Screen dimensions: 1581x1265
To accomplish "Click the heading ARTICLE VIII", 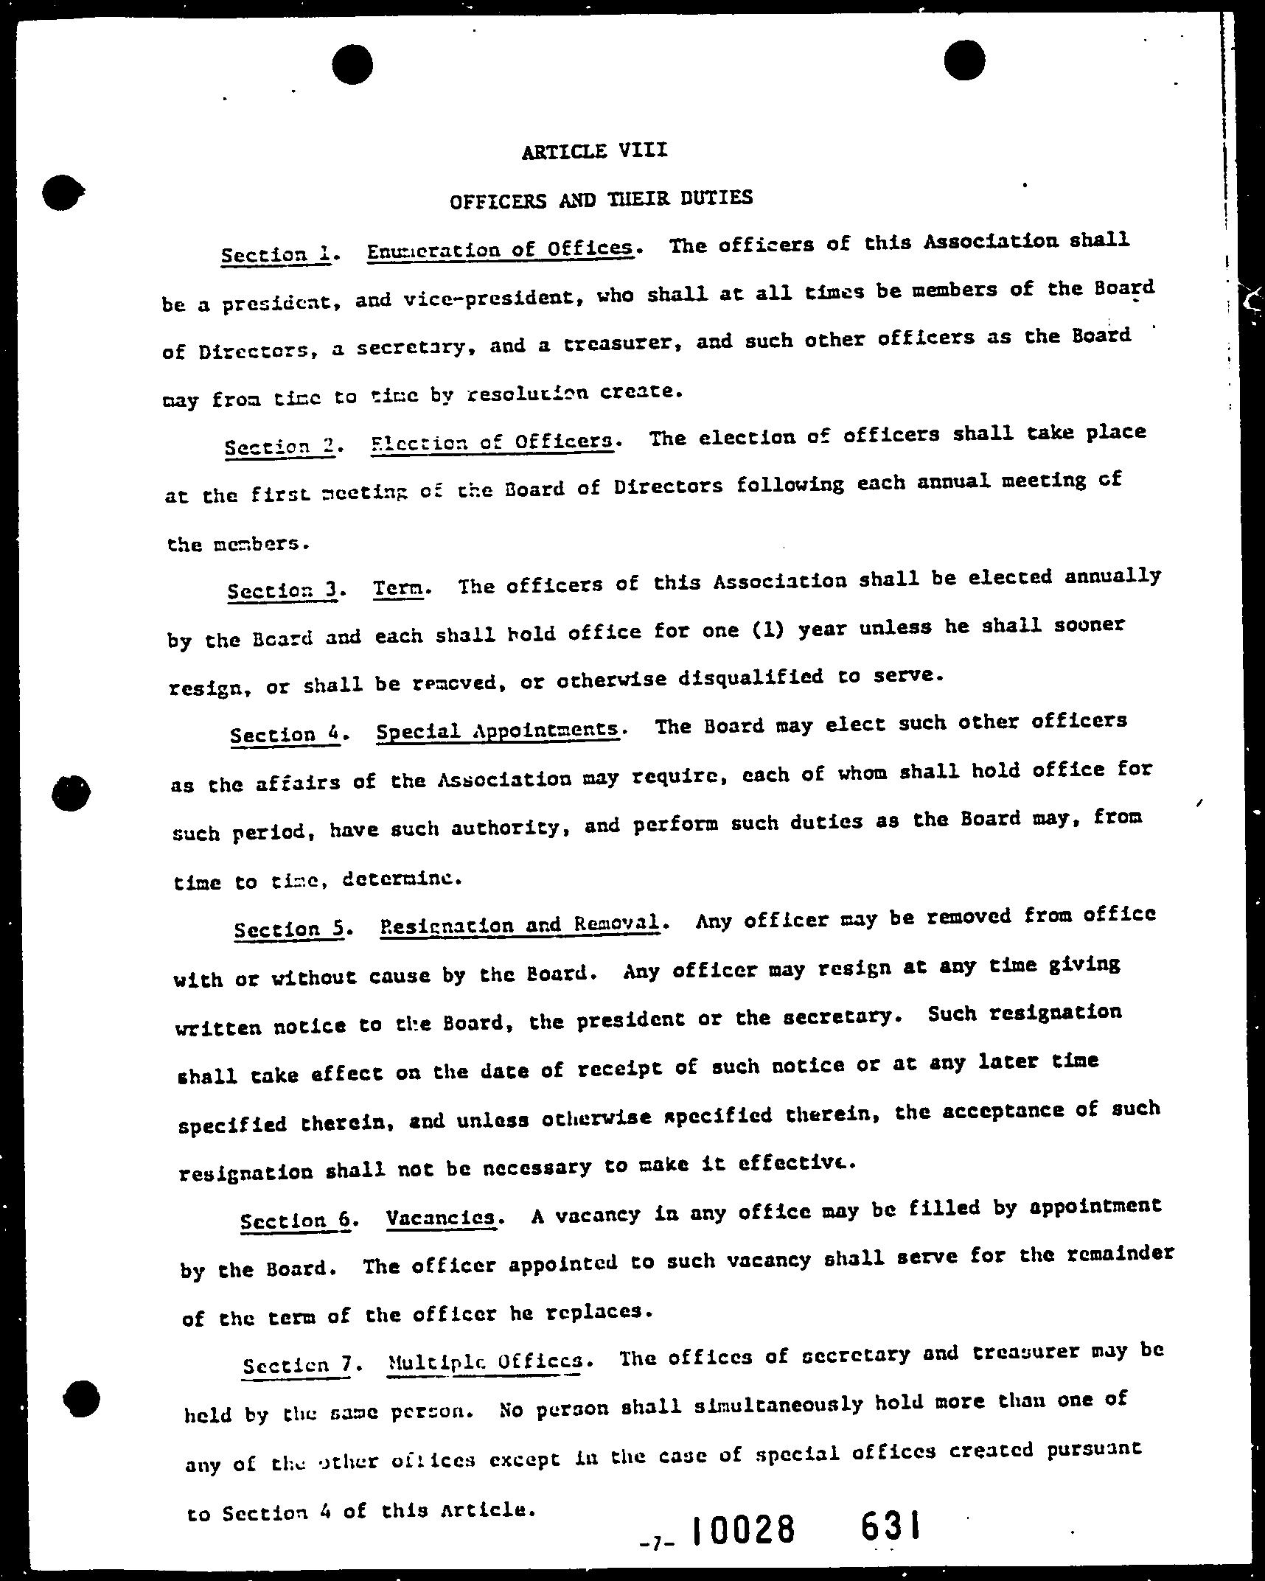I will [x=594, y=151].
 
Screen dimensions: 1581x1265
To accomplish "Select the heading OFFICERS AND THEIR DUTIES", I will [x=601, y=199].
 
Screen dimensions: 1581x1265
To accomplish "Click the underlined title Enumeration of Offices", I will [x=501, y=249].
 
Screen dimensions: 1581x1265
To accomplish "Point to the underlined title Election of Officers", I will [x=492, y=442].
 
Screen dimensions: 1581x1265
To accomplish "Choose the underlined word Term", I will [x=399, y=588].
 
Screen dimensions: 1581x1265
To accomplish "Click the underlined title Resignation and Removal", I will [x=520, y=924].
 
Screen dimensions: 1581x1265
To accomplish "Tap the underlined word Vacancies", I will [x=440, y=1218].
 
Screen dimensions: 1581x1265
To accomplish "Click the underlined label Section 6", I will [x=296, y=1220].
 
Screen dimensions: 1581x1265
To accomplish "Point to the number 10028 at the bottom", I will [x=744, y=1530].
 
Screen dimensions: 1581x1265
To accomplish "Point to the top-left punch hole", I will [x=352, y=64].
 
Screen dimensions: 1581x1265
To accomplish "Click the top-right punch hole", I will [x=963, y=60].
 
